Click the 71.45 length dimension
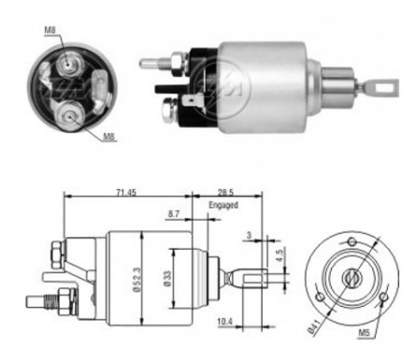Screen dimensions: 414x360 tap(126, 193)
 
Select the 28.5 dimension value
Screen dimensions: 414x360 tap(225, 193)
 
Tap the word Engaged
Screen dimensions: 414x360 tap(223, 205)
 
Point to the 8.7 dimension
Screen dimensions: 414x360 tap(174, 214)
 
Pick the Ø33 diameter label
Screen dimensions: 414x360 tap(168, 279)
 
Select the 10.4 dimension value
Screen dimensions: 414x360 tap(225, 322)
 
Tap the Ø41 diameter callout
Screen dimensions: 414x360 tap(314, 327)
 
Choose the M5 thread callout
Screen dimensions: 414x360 tap(364, 333)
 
